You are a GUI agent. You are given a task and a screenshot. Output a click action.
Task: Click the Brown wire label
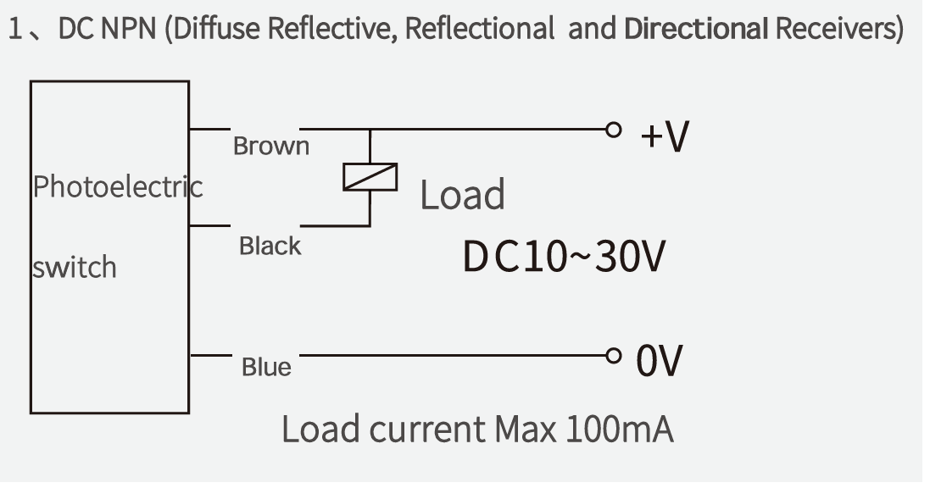tap(271, 146)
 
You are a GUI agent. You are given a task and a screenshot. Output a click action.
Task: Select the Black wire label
tap(270, 246)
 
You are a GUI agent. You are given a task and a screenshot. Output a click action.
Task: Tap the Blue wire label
tap(266, 367)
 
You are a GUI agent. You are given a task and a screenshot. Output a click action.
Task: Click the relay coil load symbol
tap(370, 177)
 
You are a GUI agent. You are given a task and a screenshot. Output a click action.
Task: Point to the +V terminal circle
tap(614, 130)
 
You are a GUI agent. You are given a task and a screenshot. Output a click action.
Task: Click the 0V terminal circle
tap(614, 356)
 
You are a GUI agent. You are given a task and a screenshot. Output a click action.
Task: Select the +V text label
tap(665, 136)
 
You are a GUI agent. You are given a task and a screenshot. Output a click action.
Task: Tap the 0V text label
tap(660, 361)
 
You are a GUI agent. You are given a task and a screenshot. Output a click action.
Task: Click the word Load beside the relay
tap(463, 195)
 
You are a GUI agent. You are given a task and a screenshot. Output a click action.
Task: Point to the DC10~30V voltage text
tap(564, 257)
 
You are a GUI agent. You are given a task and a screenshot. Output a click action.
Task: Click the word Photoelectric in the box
tap(118, 186)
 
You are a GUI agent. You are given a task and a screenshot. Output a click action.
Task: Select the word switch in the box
tap(75, 267)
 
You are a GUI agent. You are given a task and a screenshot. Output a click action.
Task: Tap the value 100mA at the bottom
tap(620, 429)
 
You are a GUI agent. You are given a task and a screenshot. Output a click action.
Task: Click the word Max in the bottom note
tap(525, 429)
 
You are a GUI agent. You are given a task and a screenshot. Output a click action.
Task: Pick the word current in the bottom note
tap(427, 430)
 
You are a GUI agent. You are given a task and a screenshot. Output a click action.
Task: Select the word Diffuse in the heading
tap(216, 29)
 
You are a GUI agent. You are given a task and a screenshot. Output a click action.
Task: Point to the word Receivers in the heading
tap(835, 29)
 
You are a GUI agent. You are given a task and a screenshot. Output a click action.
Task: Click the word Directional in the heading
tap(696, 29)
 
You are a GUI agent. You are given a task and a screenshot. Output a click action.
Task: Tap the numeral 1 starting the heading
tap(14, 29)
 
